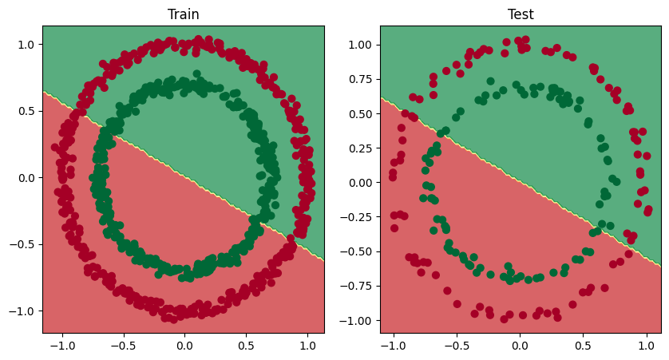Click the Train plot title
coord(184,14)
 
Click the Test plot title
coord(521,14)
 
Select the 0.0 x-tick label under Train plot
coord(184,345)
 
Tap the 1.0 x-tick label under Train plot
coord(307,345)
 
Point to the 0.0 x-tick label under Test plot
coord(521,345)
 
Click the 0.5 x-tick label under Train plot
coord(246,345)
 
